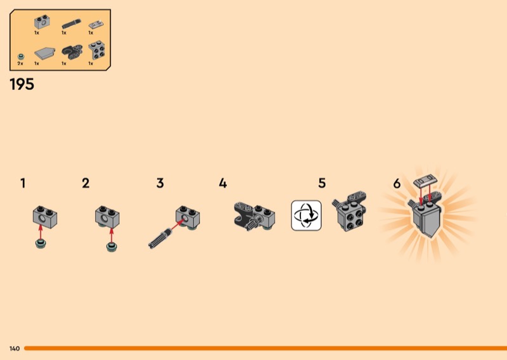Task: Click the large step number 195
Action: click(22, 84)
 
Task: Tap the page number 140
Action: click(15, 349)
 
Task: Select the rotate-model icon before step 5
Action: click(306, 215)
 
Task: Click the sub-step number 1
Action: click(23, 183)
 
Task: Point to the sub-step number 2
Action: click(86, 183)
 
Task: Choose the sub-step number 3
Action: click(160, 183)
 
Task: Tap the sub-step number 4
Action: click(223, 183)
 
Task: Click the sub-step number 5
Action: click(322, 183)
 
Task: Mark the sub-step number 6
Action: click(397, 183)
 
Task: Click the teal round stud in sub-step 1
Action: click(41, 243)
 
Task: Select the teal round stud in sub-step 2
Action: click(112, 247)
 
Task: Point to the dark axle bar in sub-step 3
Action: click(160, 238)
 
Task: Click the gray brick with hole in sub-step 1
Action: click(45, 217)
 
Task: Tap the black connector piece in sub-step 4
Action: click(245, 215)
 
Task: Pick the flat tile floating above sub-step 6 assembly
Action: click(426, 181)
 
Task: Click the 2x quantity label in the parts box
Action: click(20, 64)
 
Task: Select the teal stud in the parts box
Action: click(21, 57)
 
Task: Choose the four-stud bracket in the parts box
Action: click(96, 50)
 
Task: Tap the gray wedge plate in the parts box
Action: click(44, 53)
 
